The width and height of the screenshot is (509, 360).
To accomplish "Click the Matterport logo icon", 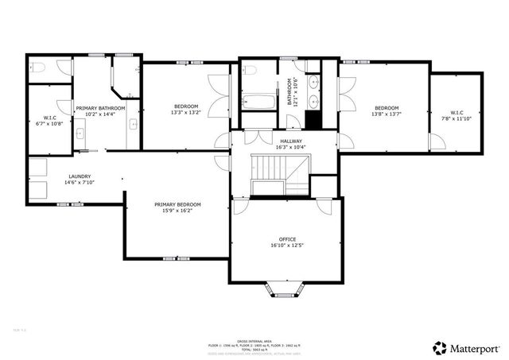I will pyautogui.click(x=439, y=347).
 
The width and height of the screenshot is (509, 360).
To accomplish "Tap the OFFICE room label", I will pyautogui.click(x=287, y=239).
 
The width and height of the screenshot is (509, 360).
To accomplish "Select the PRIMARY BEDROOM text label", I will pyautogui.click(x=177, y=205).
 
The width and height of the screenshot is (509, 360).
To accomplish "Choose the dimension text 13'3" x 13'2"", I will pyautogui.click(x=187, y=113).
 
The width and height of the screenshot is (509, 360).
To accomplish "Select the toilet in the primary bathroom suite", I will pyautogui.click(x=37, y=68).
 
